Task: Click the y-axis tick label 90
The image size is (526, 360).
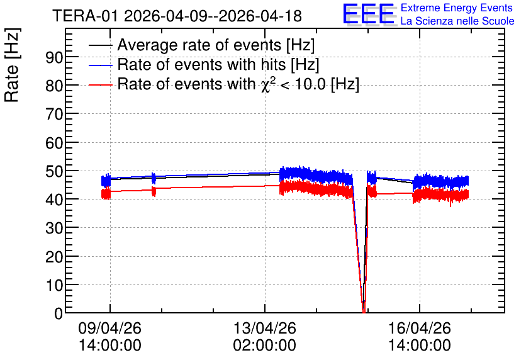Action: (54, 58)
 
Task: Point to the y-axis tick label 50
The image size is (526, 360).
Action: (54, 172)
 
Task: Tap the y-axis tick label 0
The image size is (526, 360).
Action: (59, 314)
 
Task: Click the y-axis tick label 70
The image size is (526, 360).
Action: (54, 115)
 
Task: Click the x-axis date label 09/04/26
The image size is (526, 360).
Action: (109, 328)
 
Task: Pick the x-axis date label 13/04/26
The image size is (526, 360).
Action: (265, 328)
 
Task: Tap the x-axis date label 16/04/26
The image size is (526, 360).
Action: (419, 328)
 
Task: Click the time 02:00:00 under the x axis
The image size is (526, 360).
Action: (265, 346)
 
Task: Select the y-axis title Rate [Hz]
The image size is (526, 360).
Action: (12, 65)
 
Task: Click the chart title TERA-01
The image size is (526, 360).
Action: (85, 16)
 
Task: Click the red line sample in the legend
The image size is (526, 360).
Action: (100, 85)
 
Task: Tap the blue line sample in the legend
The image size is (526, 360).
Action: (100, 65)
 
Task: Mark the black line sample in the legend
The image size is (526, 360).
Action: (100, 46)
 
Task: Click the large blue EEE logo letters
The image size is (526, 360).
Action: (369, 14)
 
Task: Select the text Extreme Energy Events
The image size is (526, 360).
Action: (457, 8)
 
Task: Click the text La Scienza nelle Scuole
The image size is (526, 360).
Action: (457, 21)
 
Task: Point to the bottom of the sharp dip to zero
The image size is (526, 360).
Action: (364, 312)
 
